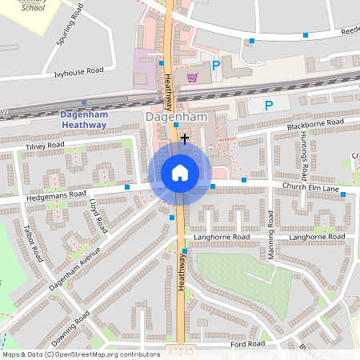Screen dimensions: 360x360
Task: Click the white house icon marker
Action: click(x=180, y=173)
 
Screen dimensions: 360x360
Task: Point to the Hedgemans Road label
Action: click(x=56, y=194)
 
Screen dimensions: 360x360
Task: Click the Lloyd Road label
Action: click(x=98, y=215)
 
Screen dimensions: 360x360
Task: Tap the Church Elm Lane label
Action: click(x=310, y=187)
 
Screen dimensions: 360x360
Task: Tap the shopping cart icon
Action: click(x=192, y=78)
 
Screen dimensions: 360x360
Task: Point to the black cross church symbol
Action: click(x=186, y=138)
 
